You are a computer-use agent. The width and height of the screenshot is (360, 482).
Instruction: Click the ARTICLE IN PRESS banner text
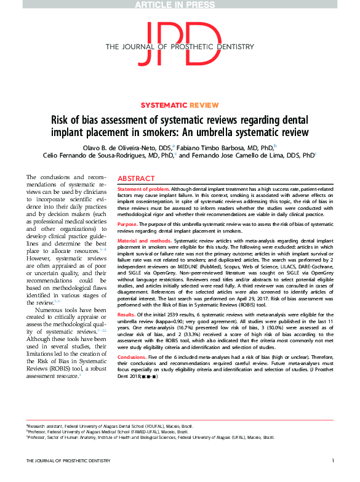coord(179,5)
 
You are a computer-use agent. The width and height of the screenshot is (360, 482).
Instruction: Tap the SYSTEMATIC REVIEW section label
coord(180,105)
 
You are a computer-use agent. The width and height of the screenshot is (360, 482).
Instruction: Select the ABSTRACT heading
coord(136,176)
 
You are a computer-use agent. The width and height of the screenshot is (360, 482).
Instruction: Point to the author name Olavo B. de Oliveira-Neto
coord(128,147)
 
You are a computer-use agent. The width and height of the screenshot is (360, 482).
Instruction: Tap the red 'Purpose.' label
coord(128,225)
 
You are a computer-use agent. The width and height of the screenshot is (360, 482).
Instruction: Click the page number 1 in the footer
coord(333,477)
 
